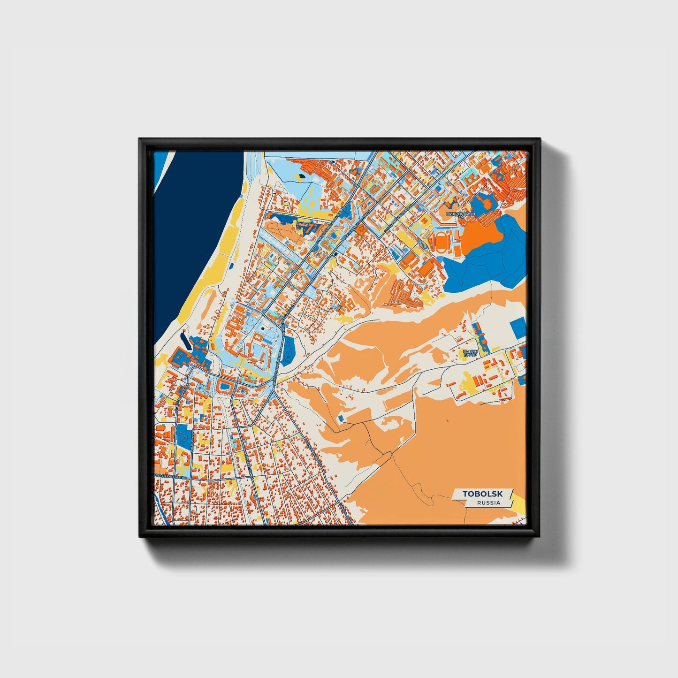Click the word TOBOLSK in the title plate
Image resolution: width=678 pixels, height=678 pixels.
tap(482, 494)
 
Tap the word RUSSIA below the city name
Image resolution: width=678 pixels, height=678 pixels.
tap(488, 503)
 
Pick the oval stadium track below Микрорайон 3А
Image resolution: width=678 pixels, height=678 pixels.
tap(443, 242)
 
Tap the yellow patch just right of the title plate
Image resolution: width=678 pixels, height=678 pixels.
tap(519, 506)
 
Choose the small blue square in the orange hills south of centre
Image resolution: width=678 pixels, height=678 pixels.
tap(341, 417)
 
